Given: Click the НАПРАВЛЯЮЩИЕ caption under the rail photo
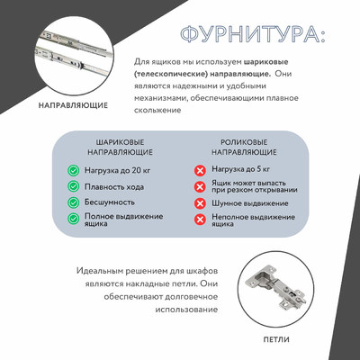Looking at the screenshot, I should pos(74,104).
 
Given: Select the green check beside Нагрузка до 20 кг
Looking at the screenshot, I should pos(73,170).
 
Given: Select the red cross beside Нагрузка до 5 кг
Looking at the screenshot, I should pos(201,170).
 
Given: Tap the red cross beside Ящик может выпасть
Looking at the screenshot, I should pos(201,187).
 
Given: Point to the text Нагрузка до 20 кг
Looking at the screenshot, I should pos(116,170).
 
